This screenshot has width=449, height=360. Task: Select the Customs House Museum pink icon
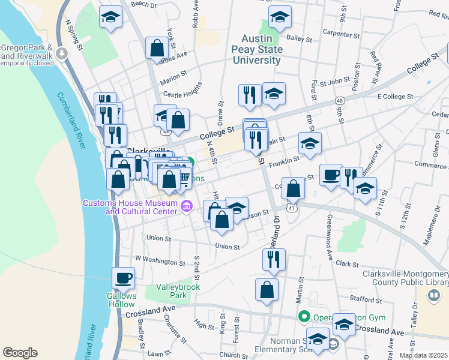186,207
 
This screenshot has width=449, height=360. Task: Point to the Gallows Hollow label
122,299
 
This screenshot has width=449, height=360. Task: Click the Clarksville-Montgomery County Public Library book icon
433,295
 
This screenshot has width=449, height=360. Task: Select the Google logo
20,353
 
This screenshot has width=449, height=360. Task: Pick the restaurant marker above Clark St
274,259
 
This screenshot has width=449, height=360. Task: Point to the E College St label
395,96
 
